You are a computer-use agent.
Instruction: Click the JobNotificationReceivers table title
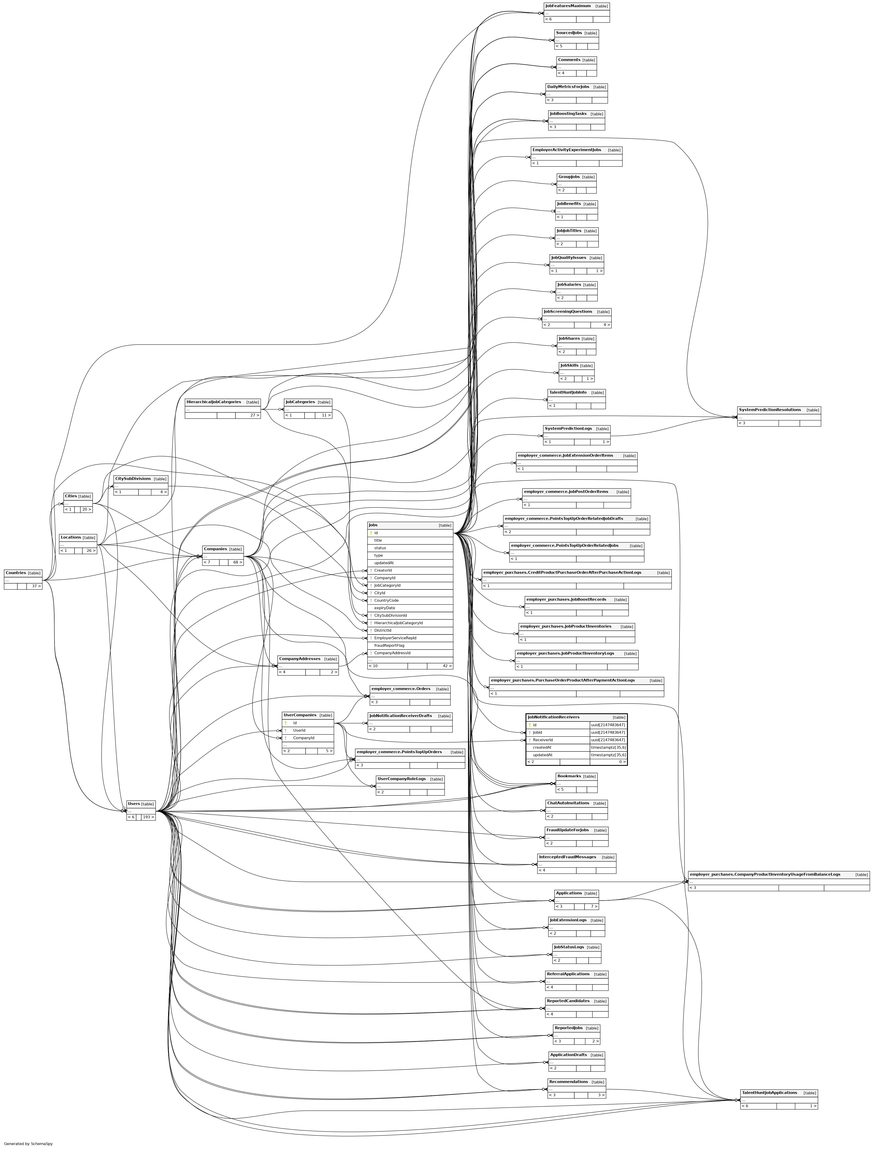[554, 717]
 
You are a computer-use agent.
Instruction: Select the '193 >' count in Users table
[148, 817]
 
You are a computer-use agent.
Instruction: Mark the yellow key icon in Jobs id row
[371, 533]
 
